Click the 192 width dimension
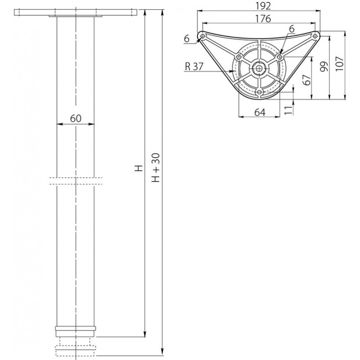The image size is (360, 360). (x=263, y=6)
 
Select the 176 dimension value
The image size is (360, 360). (x=263, y=18)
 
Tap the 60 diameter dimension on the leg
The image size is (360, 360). (x=76, y=118)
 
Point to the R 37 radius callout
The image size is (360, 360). (x=194, y=67)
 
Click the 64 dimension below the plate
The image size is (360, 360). (x=260, y=112)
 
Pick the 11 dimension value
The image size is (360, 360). (x=288, y=110)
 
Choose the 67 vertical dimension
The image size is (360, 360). (x=307, y=80)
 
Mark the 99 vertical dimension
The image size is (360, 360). (x=324, y=66)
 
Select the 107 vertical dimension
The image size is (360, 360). (x=339, y=63)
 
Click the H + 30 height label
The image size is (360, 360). (x=156, y=167)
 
